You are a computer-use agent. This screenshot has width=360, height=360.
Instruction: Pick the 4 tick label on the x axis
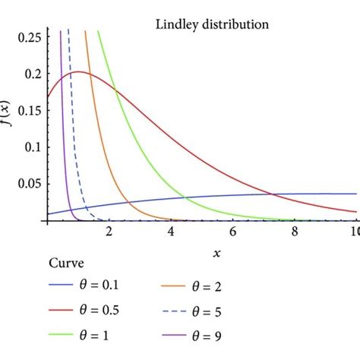coord(170,231)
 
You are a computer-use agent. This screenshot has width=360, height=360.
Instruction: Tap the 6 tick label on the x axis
coord(232,231)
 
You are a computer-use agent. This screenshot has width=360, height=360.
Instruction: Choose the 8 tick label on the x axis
coord(294,231)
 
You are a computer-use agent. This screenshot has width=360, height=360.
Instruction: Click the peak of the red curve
coord(79,72)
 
